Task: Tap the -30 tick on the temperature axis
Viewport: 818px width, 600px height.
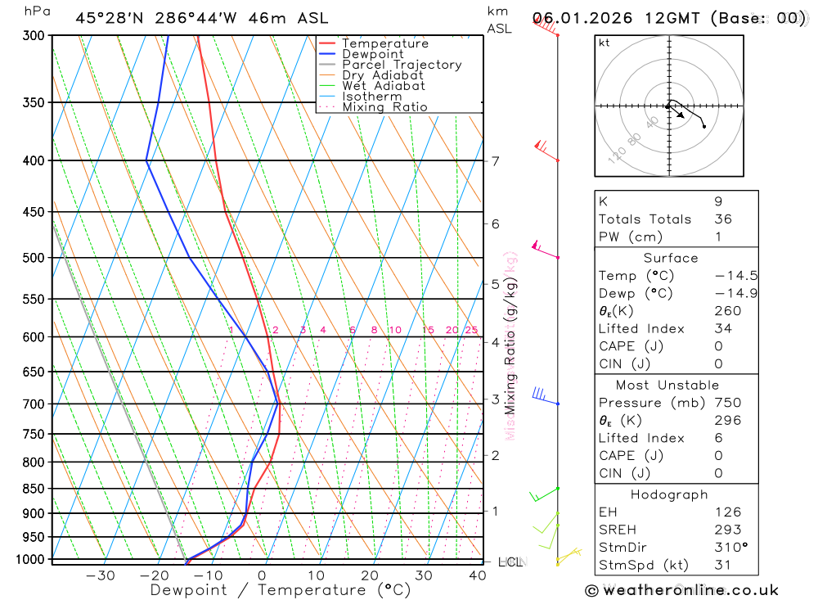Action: click(x=101, y=575)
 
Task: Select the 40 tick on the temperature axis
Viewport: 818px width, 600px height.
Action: click(x=478, y=575)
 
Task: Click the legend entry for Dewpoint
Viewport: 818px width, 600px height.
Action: click(x=372, y=54)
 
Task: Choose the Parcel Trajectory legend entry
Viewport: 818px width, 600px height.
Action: click(x=402, y=65)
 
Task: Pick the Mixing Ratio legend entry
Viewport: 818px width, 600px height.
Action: click(x=384, y=107)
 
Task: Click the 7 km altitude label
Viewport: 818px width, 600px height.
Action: click(x=496, y=160)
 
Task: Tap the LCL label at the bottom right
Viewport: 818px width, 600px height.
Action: click(x=510, y=562)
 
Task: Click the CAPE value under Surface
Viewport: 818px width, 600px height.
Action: click(x=718, y=346)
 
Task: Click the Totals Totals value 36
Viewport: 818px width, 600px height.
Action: click(x=722, y=219)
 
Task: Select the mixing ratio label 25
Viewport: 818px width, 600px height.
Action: click(x=471, y=330)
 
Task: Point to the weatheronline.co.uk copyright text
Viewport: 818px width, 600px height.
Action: click(x=681, y=590)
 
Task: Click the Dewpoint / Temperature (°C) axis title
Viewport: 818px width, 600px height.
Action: click(x=281, y=590)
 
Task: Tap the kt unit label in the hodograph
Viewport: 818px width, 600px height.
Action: click(x=605, y=43)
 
